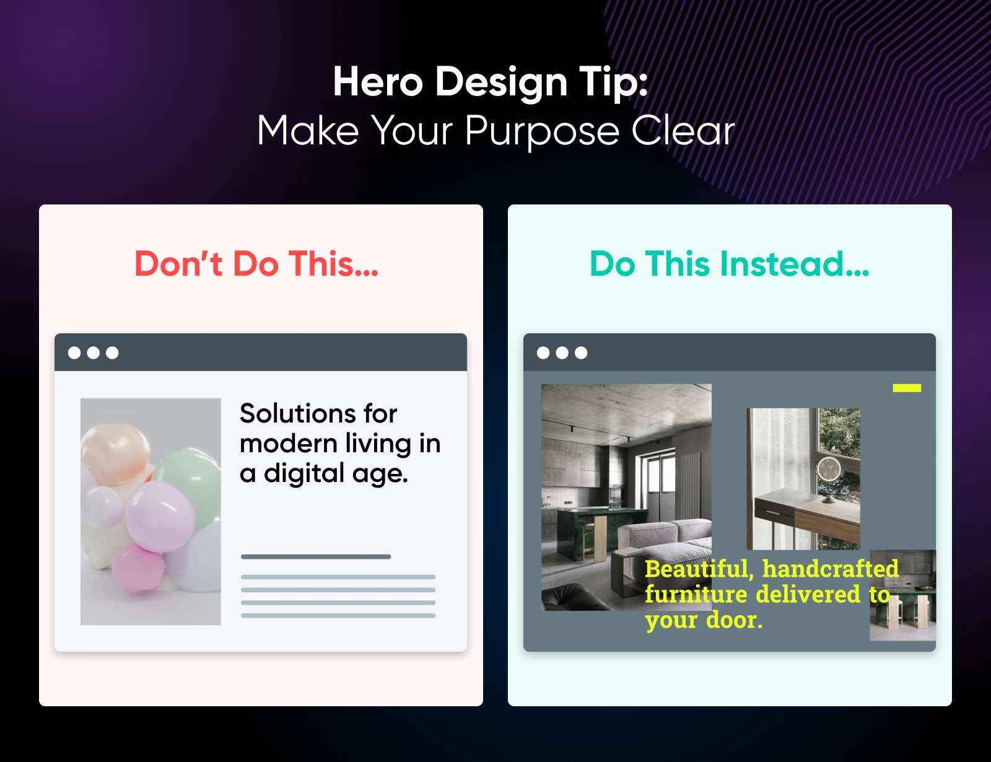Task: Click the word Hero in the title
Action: coord(378,82)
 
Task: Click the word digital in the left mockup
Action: coord(304,473)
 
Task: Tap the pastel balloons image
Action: coord(151,511)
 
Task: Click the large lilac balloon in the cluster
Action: coord(160,517)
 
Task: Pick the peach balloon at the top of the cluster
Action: coord(115,453)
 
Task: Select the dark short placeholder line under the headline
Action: coord(316,557)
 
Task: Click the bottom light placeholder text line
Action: coord(338,616)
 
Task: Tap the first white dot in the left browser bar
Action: coord(74,353)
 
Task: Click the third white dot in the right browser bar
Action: coord(581,353)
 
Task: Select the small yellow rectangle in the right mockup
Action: coord(907,388)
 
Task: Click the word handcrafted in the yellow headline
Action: coord(831,569)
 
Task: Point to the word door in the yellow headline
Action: coord(734,620)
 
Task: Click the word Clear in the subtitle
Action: coord(683,131)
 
